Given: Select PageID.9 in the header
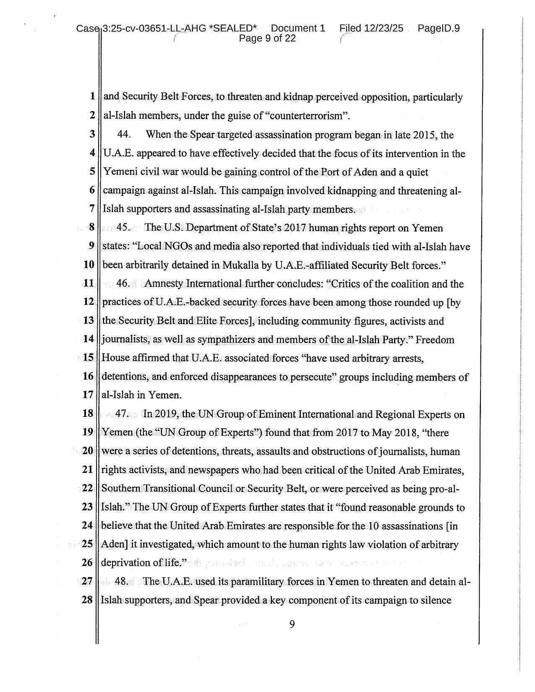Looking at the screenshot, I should click(x=438, y=29).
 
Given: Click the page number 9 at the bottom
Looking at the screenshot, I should click(x=292, y=625).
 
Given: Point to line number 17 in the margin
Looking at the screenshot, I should click(x=88, y=395).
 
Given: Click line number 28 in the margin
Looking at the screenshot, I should click(x=87, y=600).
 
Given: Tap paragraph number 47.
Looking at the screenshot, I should click(x=122, y=414).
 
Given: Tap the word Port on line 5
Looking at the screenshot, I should click(x=330, y=172).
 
